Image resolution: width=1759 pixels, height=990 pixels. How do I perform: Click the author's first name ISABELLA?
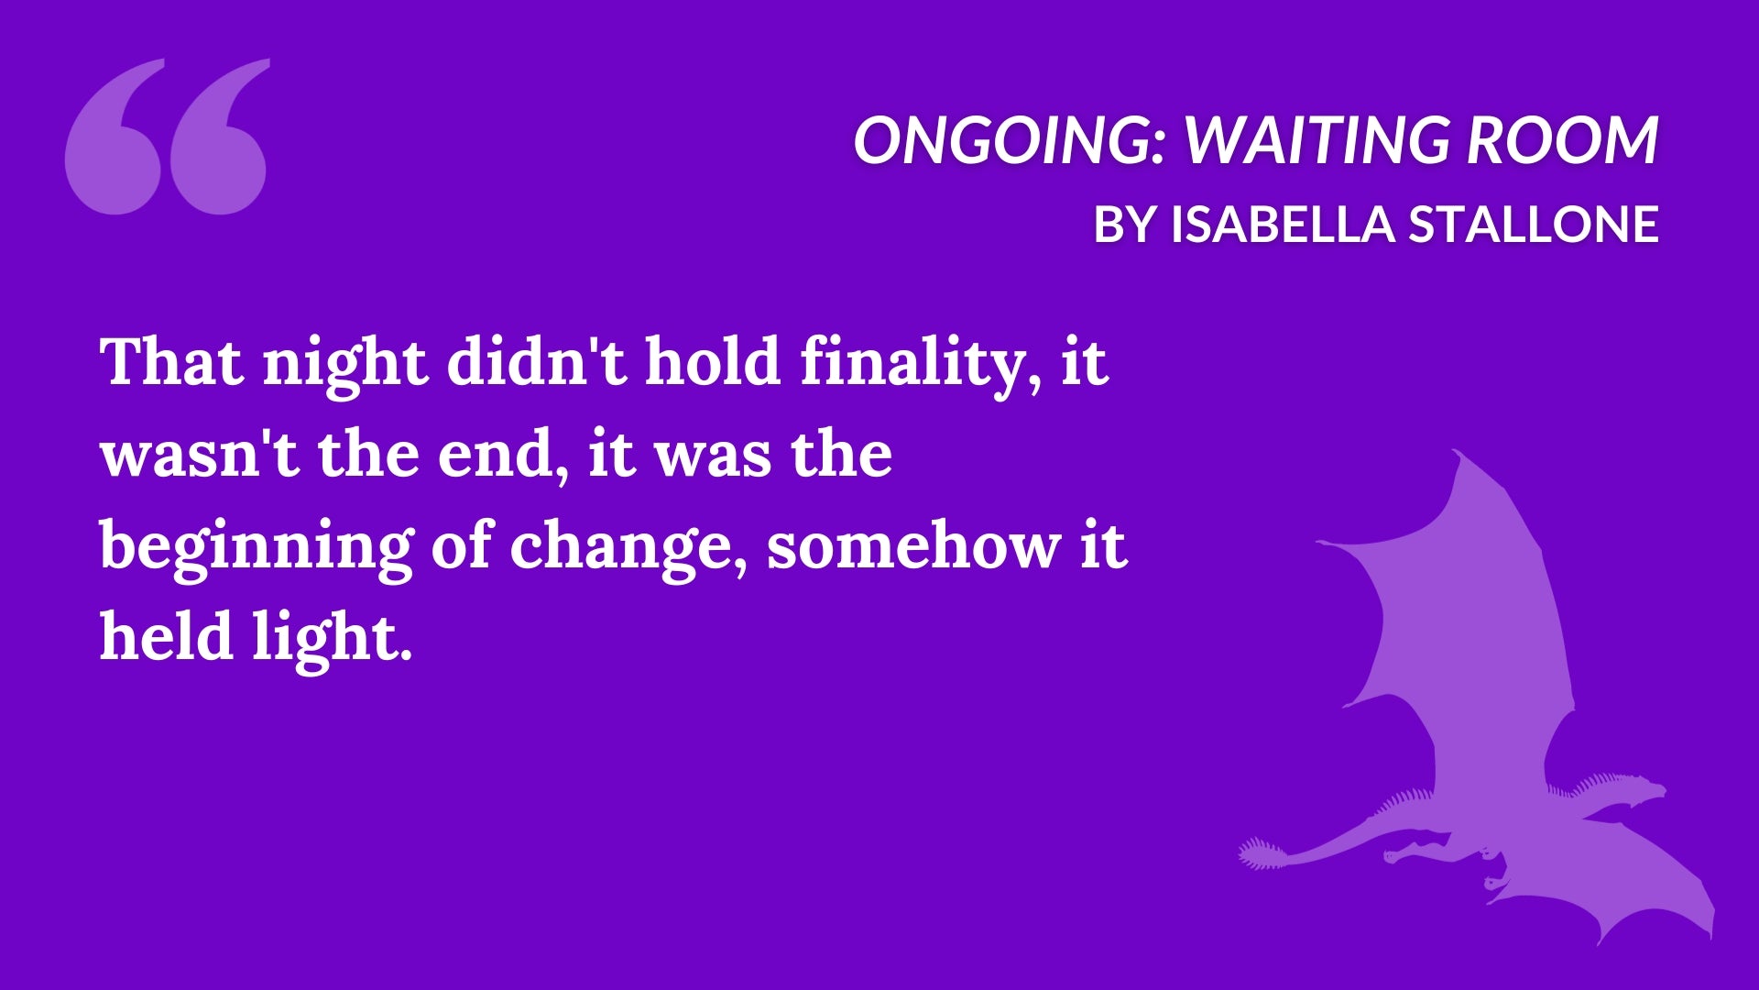1282,225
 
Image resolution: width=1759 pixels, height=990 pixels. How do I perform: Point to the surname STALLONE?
1533,225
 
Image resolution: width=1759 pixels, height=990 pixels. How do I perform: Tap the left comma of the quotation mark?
115,137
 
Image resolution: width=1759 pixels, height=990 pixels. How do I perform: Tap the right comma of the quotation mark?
219,137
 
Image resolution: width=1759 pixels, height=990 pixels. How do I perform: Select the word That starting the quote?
173,361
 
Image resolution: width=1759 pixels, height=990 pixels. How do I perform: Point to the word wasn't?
201,454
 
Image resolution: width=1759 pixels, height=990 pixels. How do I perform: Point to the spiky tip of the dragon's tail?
1257,853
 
